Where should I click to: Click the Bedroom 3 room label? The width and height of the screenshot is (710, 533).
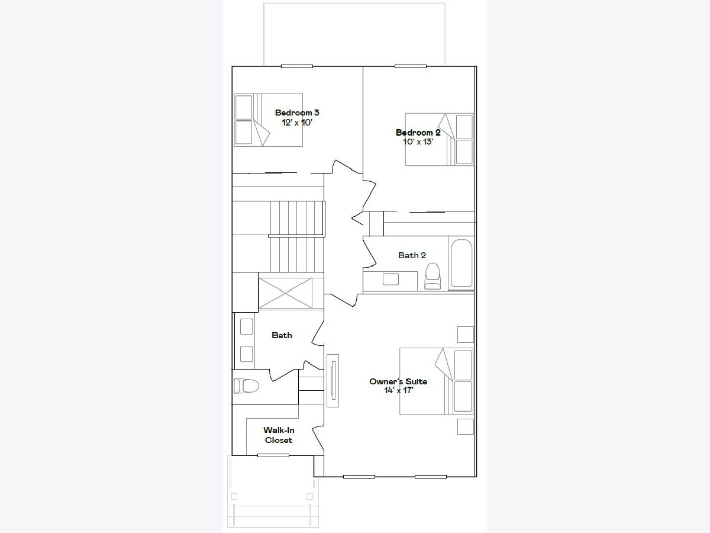point(297,113)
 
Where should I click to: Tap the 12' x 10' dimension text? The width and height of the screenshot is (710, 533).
point(297,123)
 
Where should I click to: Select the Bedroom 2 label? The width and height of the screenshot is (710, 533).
point(418,132)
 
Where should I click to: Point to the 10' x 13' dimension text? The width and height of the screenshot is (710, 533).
point(418,142)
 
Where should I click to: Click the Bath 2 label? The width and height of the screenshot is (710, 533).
point(412,255)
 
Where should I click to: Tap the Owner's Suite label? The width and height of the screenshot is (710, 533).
point(398,381)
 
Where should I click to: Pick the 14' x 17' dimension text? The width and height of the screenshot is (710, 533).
point(399,390)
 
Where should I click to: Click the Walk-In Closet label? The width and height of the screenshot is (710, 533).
point(279,435)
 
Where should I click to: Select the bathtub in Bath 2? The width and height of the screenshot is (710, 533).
point(461,263)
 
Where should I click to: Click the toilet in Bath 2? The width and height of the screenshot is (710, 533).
point(433,276)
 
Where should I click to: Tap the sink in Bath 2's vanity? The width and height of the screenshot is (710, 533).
point(390,279)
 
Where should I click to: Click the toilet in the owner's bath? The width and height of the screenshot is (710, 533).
point(246,386)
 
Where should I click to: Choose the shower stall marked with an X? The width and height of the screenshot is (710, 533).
point(286,293)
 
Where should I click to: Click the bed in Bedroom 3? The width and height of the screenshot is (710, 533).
point(269,120)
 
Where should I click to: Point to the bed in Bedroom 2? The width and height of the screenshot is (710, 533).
point(439,140)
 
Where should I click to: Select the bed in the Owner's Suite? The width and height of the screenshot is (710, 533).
point(436,381)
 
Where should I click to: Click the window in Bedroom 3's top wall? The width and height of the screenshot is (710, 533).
point(297,66)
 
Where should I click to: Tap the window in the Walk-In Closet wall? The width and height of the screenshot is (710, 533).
point(273,455)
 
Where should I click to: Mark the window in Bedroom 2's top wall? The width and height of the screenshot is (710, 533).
point(411,66)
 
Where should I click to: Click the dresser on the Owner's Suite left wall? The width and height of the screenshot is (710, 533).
point(333,381)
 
